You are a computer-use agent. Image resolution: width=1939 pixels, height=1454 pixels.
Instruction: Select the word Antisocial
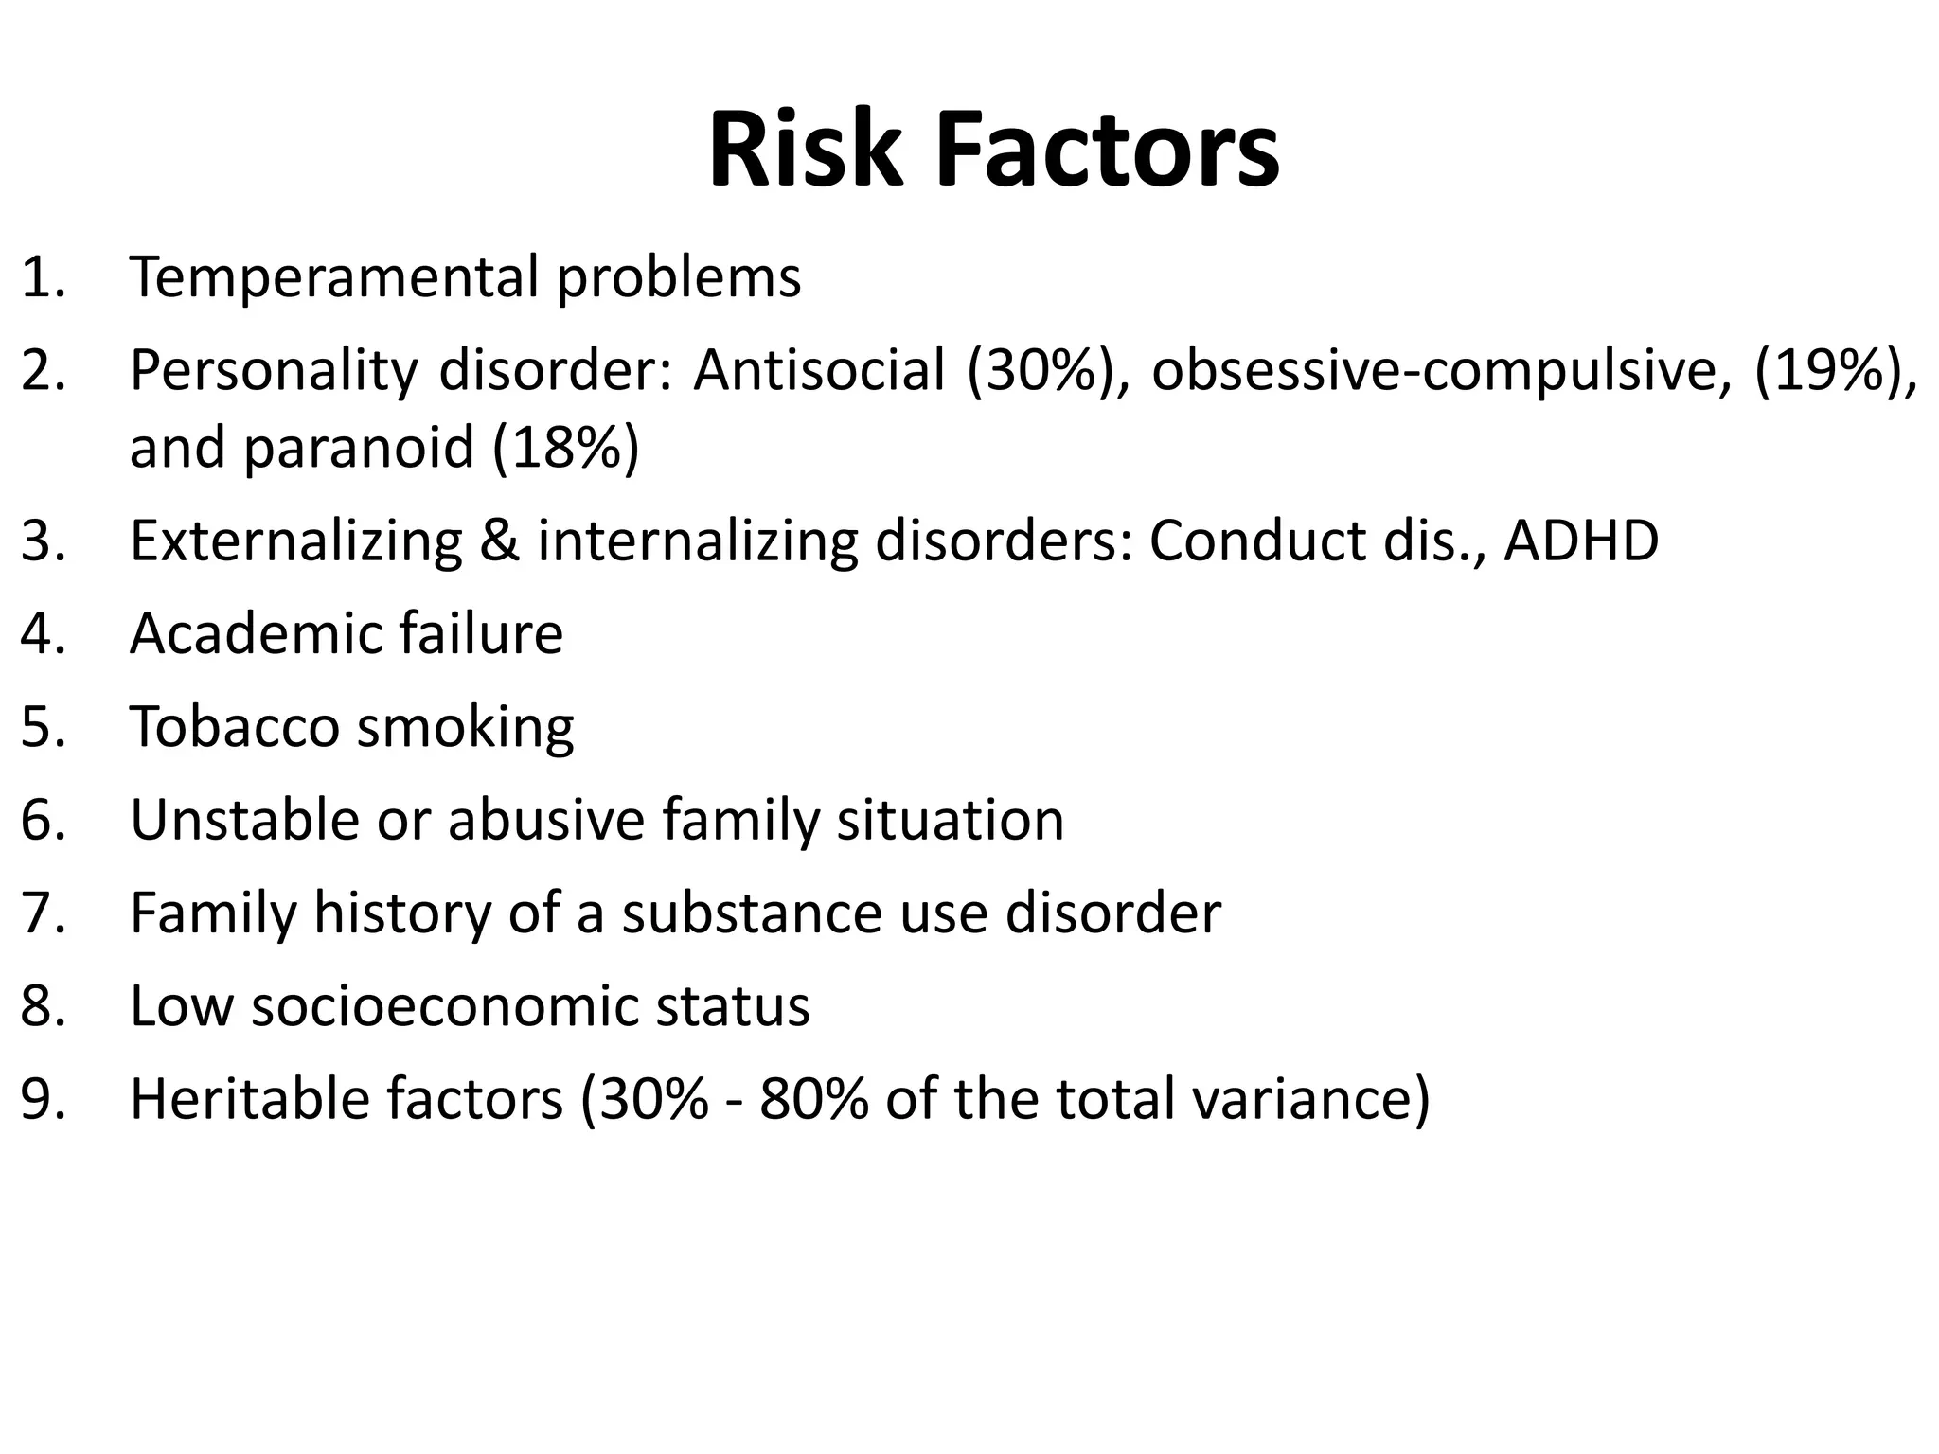(819, 370)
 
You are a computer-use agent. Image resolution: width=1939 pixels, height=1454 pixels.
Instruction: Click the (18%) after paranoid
(565, 447)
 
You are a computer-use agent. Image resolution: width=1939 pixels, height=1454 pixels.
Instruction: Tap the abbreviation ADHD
(1580, 541)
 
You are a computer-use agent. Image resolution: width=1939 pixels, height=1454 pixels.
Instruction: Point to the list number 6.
(44, 820)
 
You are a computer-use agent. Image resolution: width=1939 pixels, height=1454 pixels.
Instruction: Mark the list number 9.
(44, 1099)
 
